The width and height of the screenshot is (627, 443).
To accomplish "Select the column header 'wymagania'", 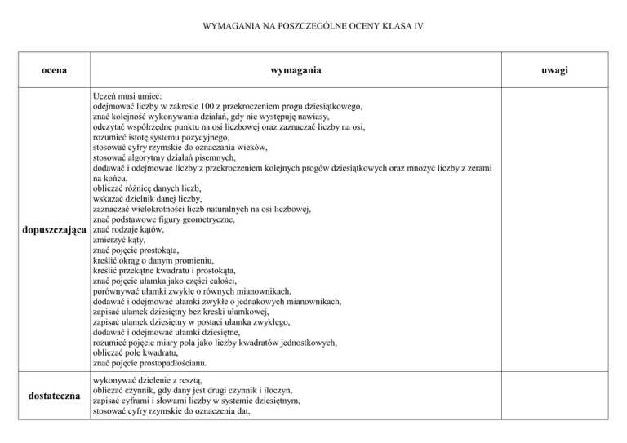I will pos(295,71).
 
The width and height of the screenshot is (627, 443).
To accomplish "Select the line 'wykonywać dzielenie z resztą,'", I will pos(150,381).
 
